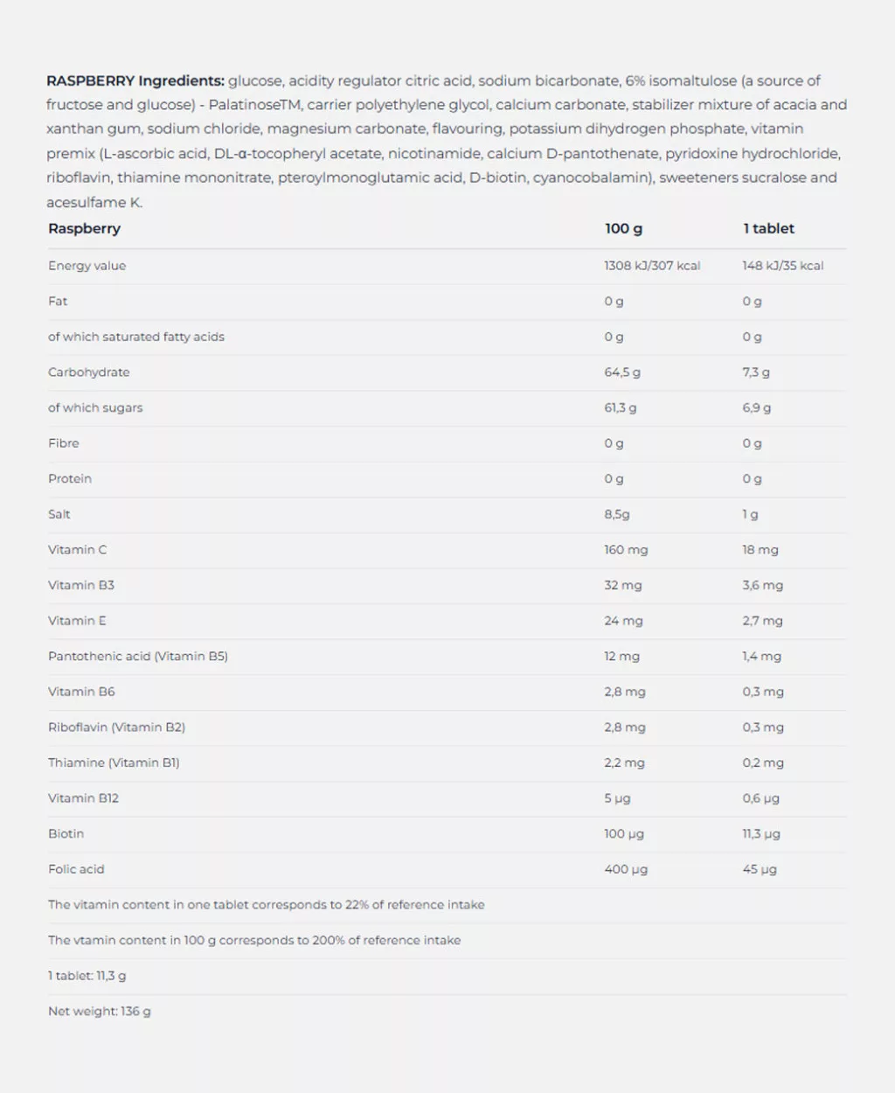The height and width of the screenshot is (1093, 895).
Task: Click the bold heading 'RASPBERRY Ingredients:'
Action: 135,81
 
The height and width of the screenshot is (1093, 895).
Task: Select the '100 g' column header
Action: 623,229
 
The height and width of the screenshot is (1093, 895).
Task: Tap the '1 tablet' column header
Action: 768,229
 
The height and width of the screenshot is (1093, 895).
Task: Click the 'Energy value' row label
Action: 87,266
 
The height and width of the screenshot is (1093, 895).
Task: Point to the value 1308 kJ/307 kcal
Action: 652,266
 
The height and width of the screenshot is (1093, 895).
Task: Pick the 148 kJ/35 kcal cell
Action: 782,266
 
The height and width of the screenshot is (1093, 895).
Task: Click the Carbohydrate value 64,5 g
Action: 621,372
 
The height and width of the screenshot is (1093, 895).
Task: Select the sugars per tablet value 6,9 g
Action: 756,408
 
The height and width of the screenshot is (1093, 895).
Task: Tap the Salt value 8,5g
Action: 616,515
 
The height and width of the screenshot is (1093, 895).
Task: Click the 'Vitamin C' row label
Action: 77,550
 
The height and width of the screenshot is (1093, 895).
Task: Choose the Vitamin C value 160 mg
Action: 626,550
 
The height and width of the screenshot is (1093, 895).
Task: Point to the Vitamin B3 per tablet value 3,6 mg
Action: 762,586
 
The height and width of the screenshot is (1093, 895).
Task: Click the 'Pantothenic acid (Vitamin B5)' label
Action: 138,657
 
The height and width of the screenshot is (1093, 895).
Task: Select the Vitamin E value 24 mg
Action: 623,621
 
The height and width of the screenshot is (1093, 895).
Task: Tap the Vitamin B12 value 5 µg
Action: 617,798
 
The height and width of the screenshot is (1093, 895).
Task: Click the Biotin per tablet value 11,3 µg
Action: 761,834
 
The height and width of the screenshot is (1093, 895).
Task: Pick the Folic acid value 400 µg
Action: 626,869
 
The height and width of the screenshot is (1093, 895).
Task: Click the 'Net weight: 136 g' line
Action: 100,1012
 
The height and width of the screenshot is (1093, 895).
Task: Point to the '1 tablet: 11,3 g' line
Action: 87,976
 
